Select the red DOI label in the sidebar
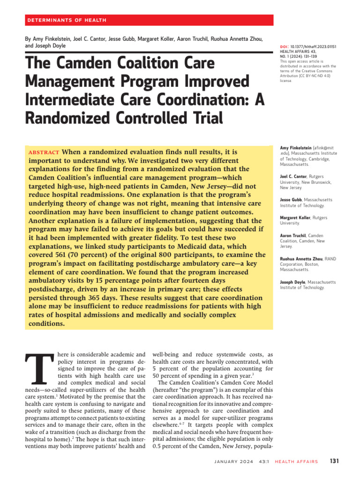284,47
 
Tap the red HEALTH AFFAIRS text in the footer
296,462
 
